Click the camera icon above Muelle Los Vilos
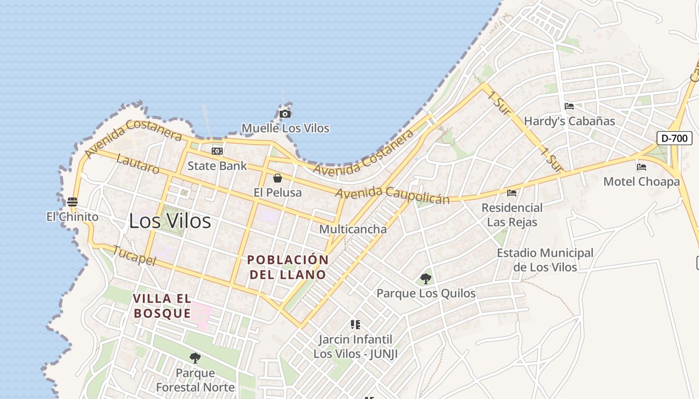(x=285, y=114)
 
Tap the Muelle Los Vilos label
(x=286, y=128)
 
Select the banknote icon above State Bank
(x=217, y=151)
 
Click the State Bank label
(x=217, y=166)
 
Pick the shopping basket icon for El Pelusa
(x=278, y=178)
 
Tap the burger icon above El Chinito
(x=72, y=202)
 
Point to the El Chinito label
(x=72, y=217)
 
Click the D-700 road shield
(x=674, y=138)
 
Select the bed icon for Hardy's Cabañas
(x=569, y=106)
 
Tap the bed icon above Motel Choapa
(x=642, y=167)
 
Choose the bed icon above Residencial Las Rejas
(x=512, y=193)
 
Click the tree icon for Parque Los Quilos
(x=426, y=278)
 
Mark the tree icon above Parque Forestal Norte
(x=195, y=358)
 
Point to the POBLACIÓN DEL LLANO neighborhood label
(x=288, y=267)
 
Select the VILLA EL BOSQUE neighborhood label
(x=162, y=306)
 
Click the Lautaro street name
(x=138, y=164)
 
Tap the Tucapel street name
(x=135, y=256)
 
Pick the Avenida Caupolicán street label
(x=392, y=195)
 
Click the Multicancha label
(x=352, y=229)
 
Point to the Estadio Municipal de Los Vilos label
(x=545, y=260)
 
